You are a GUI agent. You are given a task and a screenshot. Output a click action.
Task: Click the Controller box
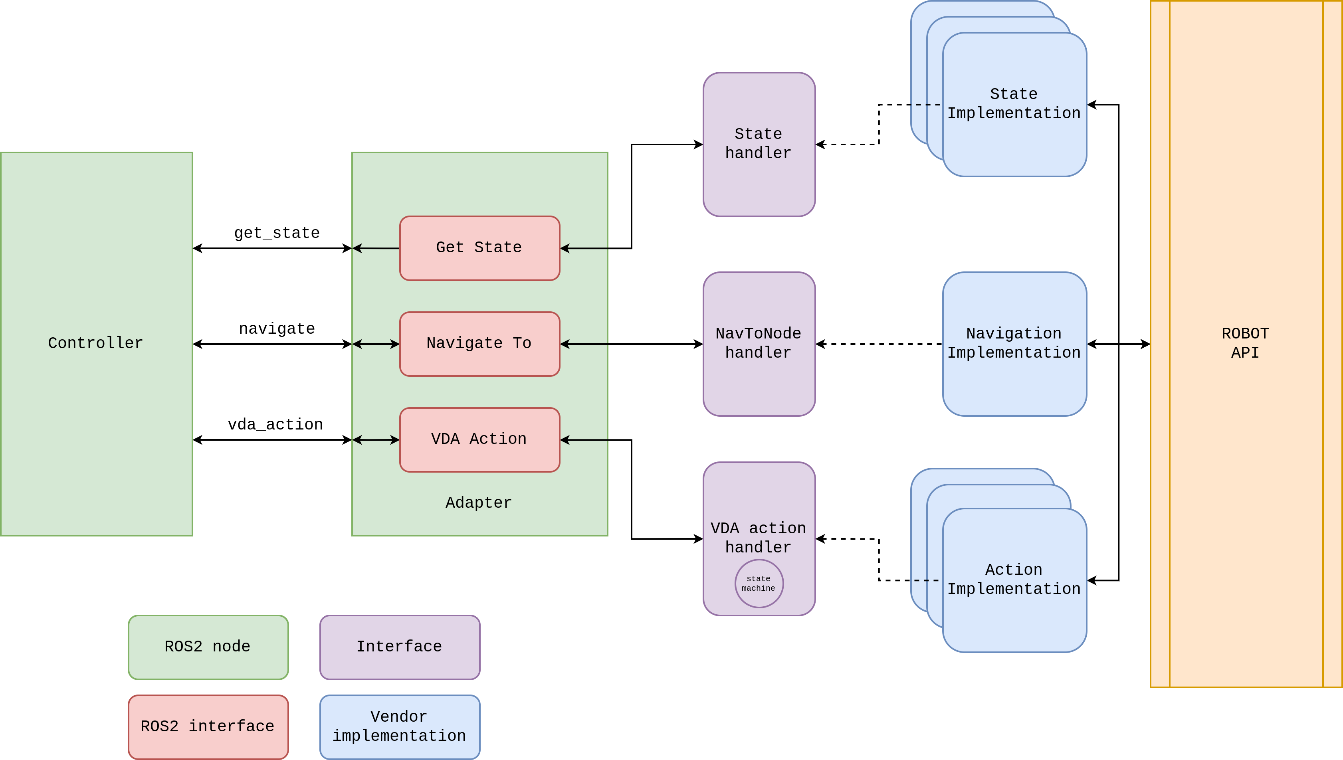96,343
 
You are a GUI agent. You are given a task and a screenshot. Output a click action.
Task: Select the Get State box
479,248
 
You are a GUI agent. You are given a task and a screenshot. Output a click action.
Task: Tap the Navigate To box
479,343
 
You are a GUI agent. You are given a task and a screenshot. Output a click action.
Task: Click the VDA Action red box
479,439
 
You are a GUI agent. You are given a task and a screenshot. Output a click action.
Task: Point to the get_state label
277,234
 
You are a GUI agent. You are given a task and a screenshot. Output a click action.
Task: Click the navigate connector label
277,329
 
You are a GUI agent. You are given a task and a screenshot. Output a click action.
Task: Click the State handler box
759,144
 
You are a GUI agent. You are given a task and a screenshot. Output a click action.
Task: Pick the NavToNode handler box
759,343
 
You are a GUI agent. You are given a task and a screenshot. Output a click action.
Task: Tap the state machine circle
759,583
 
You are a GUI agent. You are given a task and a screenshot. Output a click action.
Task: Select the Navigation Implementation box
1014,343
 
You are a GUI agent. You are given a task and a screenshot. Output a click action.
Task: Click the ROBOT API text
1245,343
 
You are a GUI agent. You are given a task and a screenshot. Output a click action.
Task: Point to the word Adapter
479,503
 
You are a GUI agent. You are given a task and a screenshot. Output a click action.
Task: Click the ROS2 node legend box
208,647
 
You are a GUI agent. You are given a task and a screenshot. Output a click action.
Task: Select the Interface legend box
399,647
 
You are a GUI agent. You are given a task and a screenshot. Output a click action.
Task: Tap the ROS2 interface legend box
208,726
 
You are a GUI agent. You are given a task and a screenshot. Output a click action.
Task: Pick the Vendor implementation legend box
399,726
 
